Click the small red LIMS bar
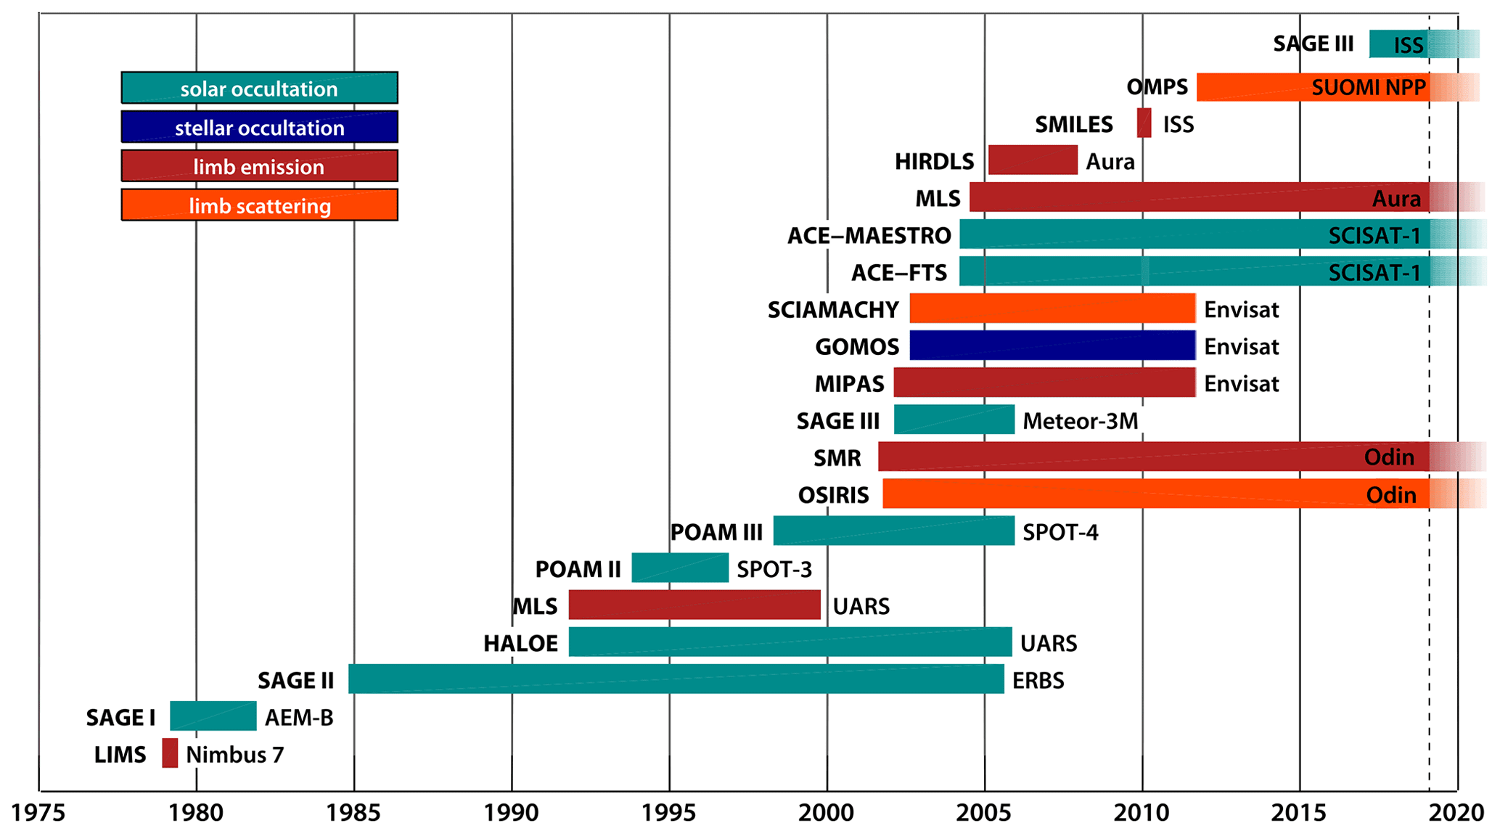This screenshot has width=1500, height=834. [170, 753]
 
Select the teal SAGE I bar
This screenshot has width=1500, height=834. [213, 716]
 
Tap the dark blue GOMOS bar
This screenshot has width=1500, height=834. [1052, 346]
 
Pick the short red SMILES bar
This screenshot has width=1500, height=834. [1144, 123]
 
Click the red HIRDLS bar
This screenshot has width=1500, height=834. [1033, 160]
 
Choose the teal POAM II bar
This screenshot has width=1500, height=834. [680, 568]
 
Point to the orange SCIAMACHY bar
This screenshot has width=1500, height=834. [1052, 308]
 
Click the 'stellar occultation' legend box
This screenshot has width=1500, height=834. [259, 127]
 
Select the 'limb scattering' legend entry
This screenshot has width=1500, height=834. [259, 205]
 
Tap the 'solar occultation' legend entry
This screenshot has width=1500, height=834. [259, 88]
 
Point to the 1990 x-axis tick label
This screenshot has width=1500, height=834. [512, 813]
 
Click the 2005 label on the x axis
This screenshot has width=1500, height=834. [984, 813]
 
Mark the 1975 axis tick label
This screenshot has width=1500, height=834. [38, 813]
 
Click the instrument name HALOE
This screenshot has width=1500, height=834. [521, 643]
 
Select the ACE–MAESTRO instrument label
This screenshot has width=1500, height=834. [869, 236]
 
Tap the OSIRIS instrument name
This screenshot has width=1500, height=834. [833, 495]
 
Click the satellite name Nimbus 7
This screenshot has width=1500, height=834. [234, 755]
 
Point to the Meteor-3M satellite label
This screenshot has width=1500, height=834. [1080, 421]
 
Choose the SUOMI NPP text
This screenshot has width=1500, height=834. [1369, 88]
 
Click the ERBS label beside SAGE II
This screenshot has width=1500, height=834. [1038, 681]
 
